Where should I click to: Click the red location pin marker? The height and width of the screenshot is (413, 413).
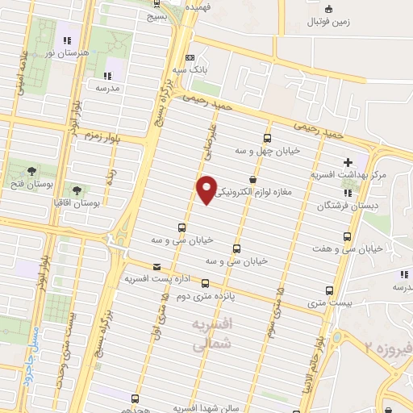206,188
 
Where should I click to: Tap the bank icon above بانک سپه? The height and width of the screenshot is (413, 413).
190,58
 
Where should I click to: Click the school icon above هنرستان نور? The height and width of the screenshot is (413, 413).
68,39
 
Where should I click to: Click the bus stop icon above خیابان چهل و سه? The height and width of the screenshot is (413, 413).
268,138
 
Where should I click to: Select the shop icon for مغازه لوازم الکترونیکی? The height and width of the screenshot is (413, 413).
253,178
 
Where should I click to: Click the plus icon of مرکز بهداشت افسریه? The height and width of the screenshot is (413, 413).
348,163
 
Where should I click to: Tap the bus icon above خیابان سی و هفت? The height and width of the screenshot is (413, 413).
347,236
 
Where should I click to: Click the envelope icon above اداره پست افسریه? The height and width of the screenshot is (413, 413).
156,267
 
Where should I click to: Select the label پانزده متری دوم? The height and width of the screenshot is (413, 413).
206,296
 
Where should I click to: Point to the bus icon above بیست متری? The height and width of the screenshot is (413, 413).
328,290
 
